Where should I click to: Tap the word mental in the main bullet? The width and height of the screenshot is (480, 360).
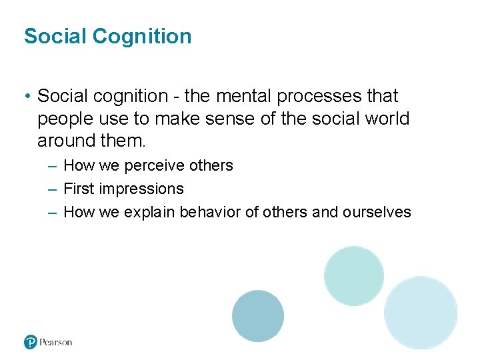pos(243,96)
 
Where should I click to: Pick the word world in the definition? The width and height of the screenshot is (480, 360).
pos(386,119)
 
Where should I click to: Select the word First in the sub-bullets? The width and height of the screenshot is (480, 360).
pos(79,189)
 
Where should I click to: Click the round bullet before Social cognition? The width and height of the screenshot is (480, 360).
pos(27,97)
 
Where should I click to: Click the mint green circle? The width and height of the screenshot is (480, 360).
pos(354,275)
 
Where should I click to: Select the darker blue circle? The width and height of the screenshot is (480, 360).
pos(258,316)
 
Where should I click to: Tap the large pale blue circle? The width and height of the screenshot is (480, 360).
pos(421,313)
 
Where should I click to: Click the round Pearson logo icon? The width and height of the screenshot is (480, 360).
pos(30,342)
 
